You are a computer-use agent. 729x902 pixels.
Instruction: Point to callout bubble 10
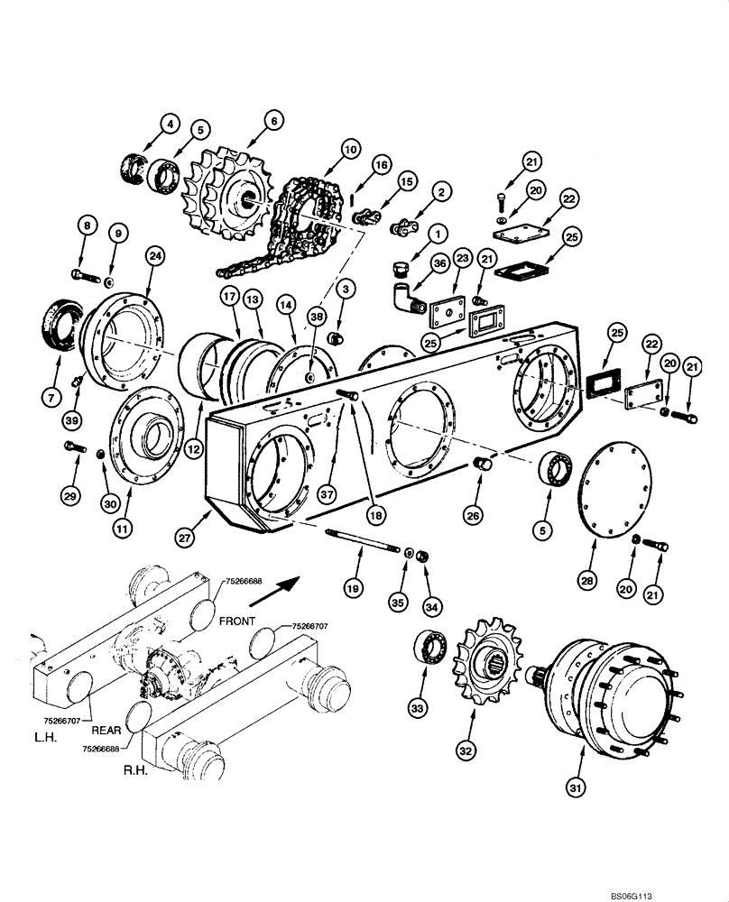click(x=349, y=147)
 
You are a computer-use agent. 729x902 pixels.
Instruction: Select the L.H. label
click(x=42, y=739)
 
